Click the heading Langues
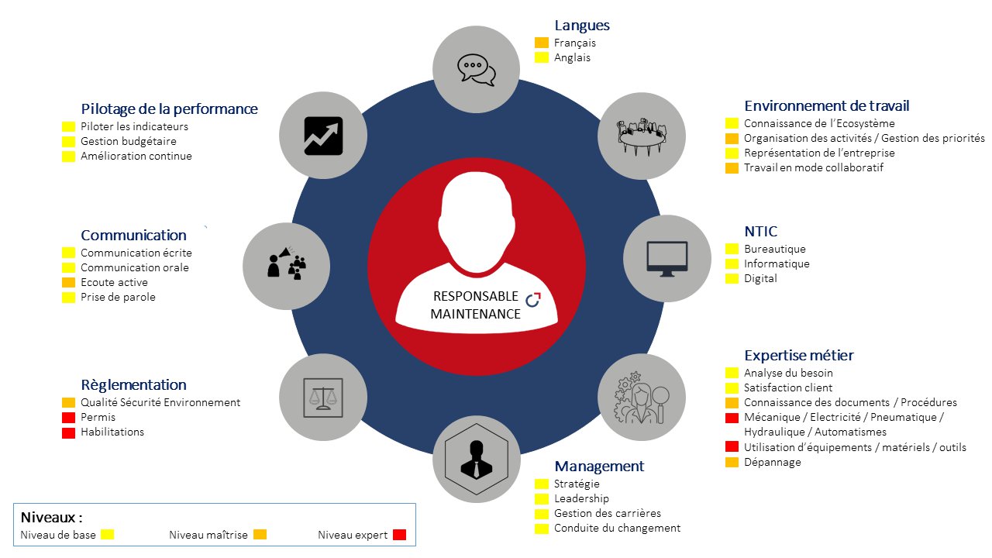coord(582,26)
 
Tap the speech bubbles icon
coord(477,70)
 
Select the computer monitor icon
coord(667,259)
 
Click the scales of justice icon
coord(323,398)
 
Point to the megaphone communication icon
coord(287,263)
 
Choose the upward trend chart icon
coord(323,136)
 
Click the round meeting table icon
coord(642,137)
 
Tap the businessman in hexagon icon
coord(477,460)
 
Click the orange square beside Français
coord(542,43)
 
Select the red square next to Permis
coord(68,418)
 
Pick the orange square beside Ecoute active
coord(68,283)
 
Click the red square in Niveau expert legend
coord(399,535)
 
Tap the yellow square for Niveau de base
coord(107,535)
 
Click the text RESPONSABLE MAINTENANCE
coord(476,305)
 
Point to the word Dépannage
coord(773,463)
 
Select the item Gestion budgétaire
coord(129,141)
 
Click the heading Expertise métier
coord(799,355)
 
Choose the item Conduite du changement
coord(617,528)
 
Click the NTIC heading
coord(761,231)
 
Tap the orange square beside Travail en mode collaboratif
coord(732,168)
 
